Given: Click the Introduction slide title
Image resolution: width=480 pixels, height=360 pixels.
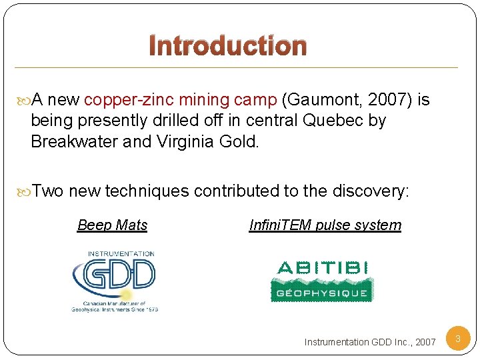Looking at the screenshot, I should coord(227,46).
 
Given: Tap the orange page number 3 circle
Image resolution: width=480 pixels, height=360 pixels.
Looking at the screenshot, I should coord(458,339).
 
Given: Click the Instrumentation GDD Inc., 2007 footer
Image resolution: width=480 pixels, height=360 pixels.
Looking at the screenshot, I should coord(370,342).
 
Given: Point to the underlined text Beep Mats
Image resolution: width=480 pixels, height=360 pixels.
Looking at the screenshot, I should coord(112,225).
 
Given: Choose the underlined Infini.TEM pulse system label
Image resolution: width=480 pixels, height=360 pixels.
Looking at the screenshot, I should coord(325,225).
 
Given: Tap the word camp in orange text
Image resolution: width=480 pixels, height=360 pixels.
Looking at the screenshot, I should coord(256,101).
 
